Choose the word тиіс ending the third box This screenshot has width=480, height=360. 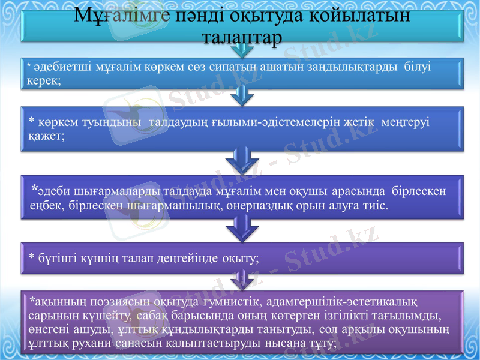tap(376, 206)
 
